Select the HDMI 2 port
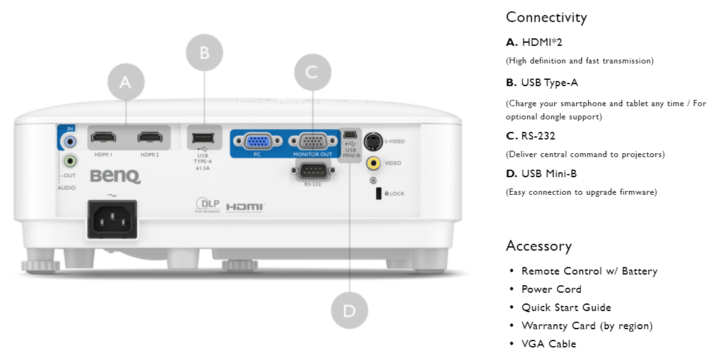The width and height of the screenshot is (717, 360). tap(150, 137)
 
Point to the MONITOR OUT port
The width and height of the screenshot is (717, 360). tap(312, 141)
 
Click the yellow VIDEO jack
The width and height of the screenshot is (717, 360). tap(374, 163)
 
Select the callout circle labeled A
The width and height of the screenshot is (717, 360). tap(126, 82)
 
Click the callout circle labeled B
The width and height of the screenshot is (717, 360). tap(204, 52)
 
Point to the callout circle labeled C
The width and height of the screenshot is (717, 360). tap(312, 72)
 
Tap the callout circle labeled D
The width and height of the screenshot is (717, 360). tap(349, 310)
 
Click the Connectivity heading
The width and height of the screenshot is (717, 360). tap(546, 17)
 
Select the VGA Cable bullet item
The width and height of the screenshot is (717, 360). tap(549, 344)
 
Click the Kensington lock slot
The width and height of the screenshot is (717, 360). tap(379, 194)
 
